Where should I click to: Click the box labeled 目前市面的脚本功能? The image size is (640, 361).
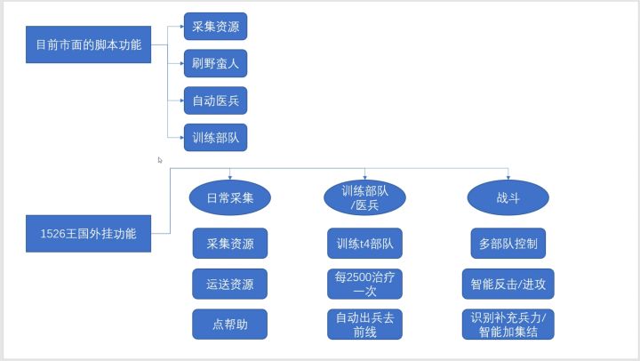[x=87, y=44]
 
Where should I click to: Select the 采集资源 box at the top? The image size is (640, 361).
[x=214, y=26]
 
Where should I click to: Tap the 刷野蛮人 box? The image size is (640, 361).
[x=214, y=63]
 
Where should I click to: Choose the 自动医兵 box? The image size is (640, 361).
[x=214, y=100]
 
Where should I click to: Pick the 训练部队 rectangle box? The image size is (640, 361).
[x=214, y=138]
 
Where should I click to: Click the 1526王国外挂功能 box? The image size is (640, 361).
[x=87, y=234]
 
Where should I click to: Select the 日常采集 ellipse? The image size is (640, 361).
[x=230, y=198]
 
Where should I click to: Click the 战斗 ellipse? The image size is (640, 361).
[x=508, y=198]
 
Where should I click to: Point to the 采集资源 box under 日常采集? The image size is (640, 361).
[x=230, y=243]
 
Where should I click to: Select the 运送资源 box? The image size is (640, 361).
[x=230, y=285]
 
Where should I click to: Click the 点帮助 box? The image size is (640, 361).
[x=230, y=325]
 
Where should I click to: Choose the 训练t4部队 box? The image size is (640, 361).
[x=365, y=243]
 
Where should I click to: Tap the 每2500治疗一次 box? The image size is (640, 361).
[x=365, y=285]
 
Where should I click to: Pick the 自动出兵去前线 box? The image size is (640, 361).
[x=365, y=325]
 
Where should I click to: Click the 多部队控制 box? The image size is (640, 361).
[x=508, y=243]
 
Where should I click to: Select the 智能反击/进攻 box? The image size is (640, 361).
[x=508, y=285]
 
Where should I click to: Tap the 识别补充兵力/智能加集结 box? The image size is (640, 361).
[x=508, y=325]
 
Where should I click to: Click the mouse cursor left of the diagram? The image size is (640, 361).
[x=160, y=160]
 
